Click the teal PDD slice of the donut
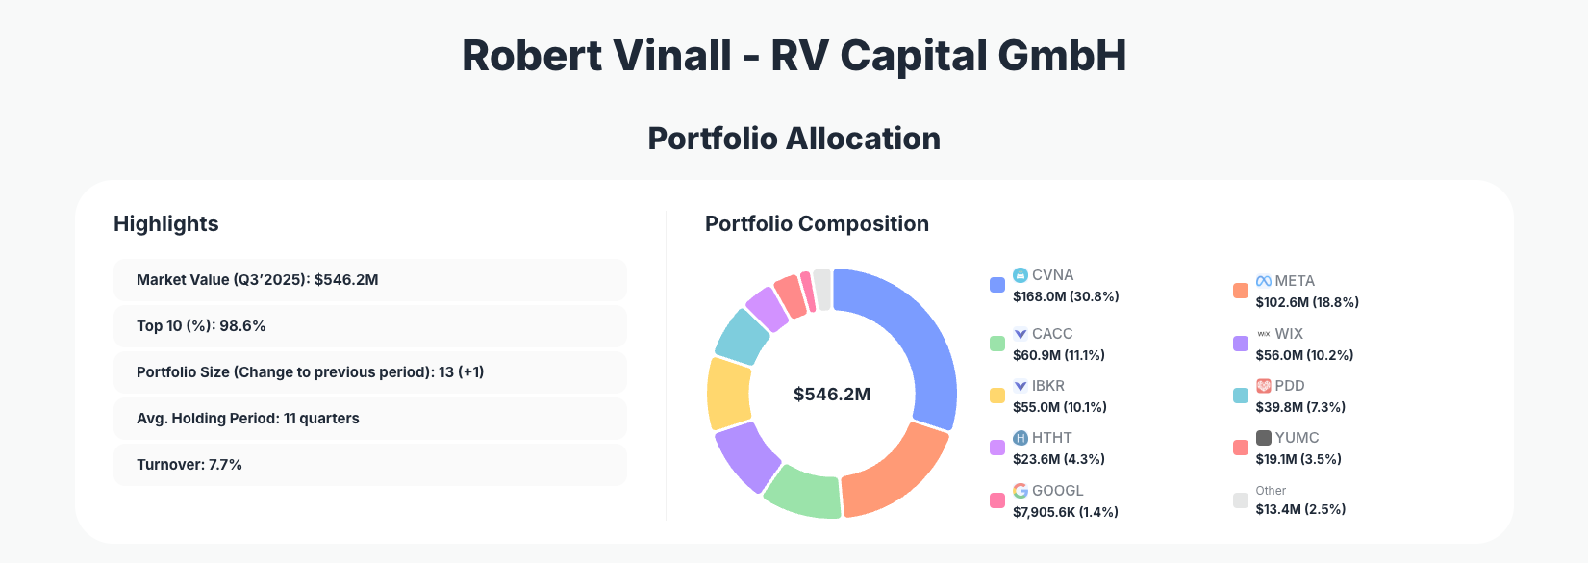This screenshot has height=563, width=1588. pyautogui.click(x=743, y=336)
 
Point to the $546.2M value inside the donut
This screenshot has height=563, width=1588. pyautogui.click(x=832, y=395)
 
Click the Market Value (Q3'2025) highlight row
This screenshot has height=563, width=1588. pyautogui.click(x=369, y=280)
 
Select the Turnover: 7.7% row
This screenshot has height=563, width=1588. pyautogui.click(x=369, y=465)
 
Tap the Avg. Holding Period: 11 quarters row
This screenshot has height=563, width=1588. pyautogui.click(x=369, y=419)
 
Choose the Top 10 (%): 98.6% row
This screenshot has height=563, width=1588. pyautogui.click(x=369, y=326)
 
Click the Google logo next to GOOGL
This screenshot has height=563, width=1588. pyautogui.click(x=1021, y=491)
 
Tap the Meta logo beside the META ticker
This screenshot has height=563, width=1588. pyautogui.click(x=1264, y=281)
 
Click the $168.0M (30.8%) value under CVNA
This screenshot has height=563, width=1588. pyautogui.click(x=1066, y=296)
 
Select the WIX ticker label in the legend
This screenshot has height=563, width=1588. pyautogui.click(x=1289, y=334)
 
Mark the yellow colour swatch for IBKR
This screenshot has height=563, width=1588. pyautogui.click(x=997, y=396)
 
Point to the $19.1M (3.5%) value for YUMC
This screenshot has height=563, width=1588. pyautogui.click(x=1298, y=459)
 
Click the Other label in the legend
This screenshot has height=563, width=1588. pyautogui.click(x=1271, y=491)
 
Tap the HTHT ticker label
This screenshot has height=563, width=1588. pyautogui.click(x=1052, y=438)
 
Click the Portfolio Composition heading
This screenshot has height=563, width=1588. pyautogui.click(x=817, y=224)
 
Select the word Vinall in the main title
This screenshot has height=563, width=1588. pyautogui.click(x=673, y=56)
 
